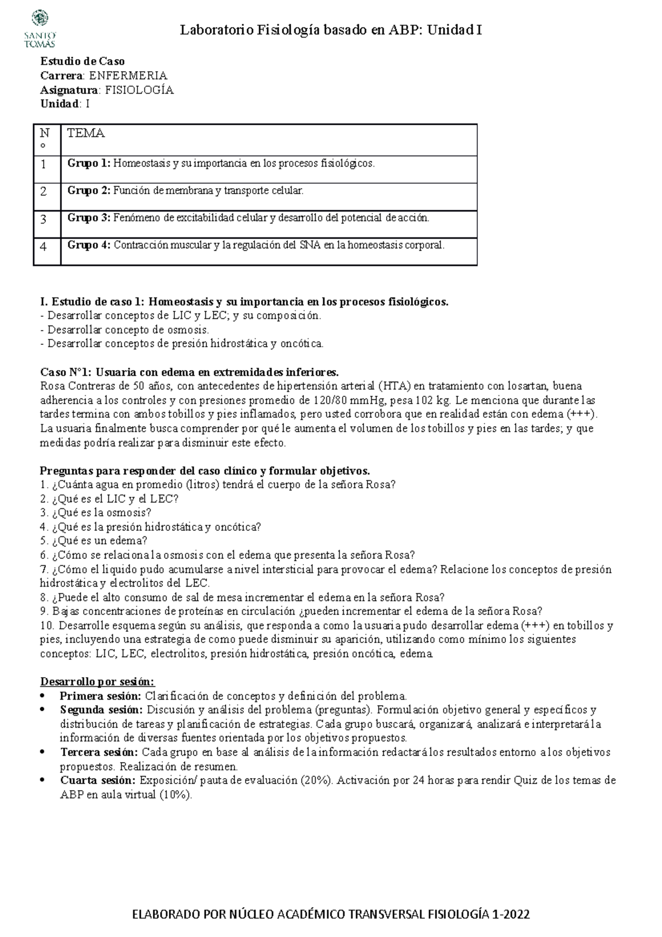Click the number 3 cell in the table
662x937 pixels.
(x=44, y=219)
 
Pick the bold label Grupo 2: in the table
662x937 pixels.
(x=89, y=191)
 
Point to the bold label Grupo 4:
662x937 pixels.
(x=89, y=245)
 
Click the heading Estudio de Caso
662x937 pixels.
(x=83, y=61)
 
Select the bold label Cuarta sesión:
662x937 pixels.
(x=97, y=780)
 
